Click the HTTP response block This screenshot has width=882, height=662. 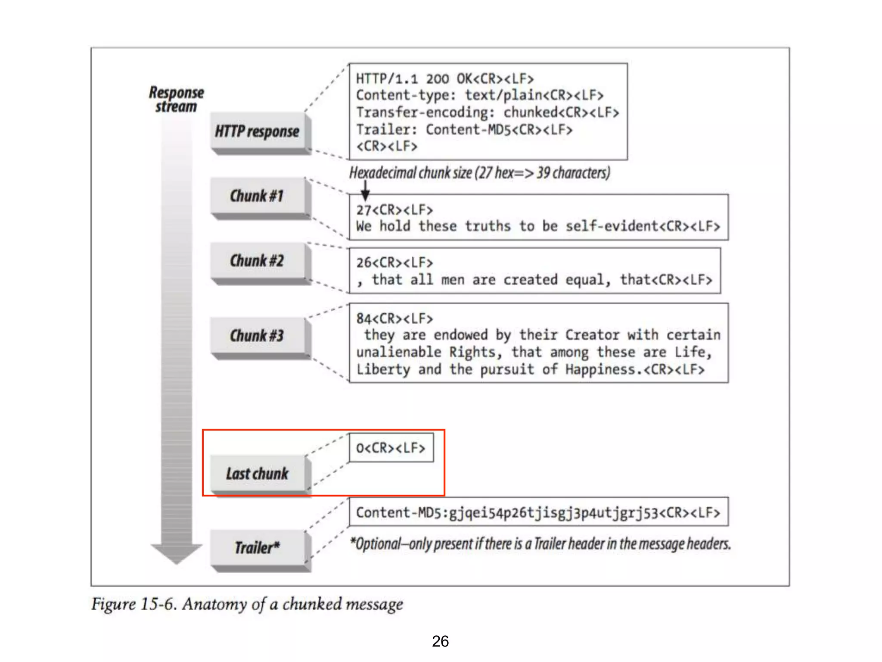pos(257,131)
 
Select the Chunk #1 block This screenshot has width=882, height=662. pos(257,196)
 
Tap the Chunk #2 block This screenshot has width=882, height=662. pos(257,261)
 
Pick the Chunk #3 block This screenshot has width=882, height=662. pos(257,336)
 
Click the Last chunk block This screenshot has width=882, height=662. pos(257,474)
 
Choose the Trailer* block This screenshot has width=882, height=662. pos(257,548)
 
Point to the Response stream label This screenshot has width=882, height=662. pos(176,99)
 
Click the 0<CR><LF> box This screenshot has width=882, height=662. pos(391,448)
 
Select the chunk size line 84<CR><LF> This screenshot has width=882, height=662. pos(394,319)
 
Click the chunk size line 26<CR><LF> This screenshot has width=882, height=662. pos(394,262)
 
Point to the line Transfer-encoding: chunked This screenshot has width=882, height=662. pos(487,112)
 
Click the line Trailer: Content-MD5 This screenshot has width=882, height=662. pos(464,129)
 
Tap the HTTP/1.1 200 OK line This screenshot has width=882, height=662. pos(444,79)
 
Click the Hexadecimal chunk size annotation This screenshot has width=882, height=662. pos(479,173)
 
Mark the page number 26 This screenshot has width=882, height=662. pos(440,641)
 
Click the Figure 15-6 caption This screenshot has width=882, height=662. pos(247,604)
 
